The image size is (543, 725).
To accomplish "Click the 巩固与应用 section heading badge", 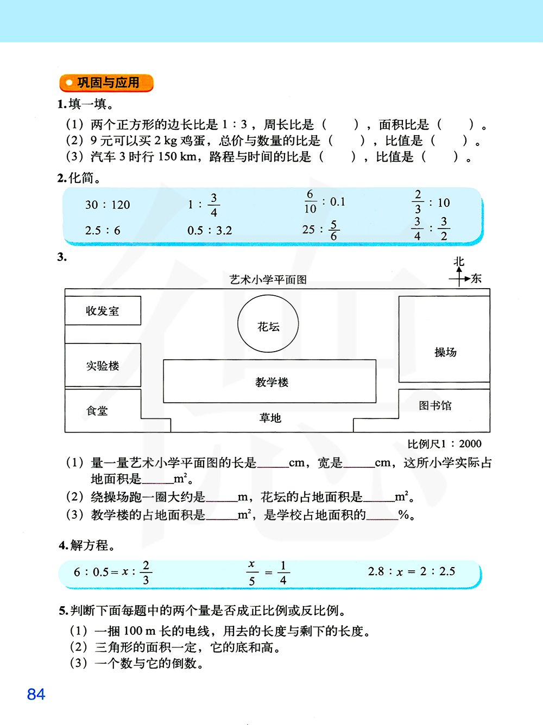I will pyautogui.click(x=106, y=83).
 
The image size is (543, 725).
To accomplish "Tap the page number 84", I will pyautogui.click(x=36, y=694).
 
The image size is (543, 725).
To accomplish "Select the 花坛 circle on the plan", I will pyautogui.click(x=268, y=324).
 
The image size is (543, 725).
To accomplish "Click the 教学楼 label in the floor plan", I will pyautogui.click(x=271, y=382).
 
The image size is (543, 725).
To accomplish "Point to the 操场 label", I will pyautogui.click(x=445, y=352).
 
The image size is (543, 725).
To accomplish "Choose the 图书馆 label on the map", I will pyautogui.click(x=435, y=405).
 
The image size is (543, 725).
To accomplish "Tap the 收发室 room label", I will pyautogui.click(x=102, y=311).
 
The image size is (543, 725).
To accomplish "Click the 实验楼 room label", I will pyautogui.click(x=102, y=366).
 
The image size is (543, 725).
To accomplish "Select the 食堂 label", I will pyautogui.click(x=97, y=411).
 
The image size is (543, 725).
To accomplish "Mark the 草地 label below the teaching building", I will pyautogui.click(x=270, y=418).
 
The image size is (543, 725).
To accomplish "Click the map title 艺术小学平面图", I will pyautogui.click(x=268, y=279).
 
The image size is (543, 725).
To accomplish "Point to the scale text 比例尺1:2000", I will pyautogui.click(x=444, y=444).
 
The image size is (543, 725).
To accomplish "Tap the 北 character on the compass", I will pyautogui.click(x=459, y=262).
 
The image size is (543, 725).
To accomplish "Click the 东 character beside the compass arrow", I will pyautogui.click(x=476, y=278).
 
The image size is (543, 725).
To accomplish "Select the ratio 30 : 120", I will pyautogui.click(x=108, y=205).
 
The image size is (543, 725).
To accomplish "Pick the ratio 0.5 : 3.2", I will pyautogui.click(x=210, y=231).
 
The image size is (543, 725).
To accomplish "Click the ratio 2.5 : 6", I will pyautogui.click(x=103, y=231).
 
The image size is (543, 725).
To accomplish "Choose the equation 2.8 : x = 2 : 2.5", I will pyautogui.click(x=412, y=571).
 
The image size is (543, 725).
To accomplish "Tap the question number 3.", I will pyautogui.click(x=62, y=257).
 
